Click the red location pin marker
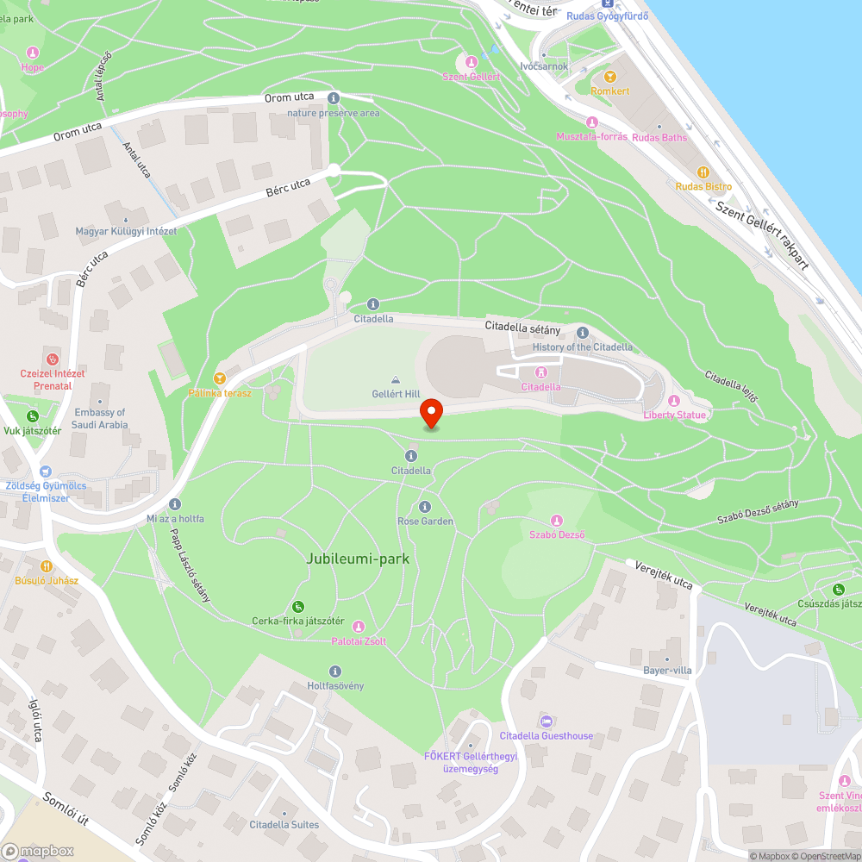point(430,413)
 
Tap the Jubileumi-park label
point(358,559)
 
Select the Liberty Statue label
point(674,415)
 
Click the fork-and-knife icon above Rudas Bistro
point(703,172)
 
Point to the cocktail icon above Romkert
point(610,77)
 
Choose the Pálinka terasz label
point(220,393)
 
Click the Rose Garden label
point(425,522)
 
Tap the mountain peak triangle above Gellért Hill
point(396,379)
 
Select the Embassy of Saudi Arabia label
point(101,418)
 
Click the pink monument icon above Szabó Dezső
point(557,521)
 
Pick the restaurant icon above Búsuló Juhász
point(47,566)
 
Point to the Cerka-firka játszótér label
point(298,621)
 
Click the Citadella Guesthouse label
point(547,735)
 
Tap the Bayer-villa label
point(667,671)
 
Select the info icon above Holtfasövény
point(335,671)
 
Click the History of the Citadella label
point(582,347)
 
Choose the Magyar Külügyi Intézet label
point(126,231)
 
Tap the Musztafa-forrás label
point(591,136)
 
